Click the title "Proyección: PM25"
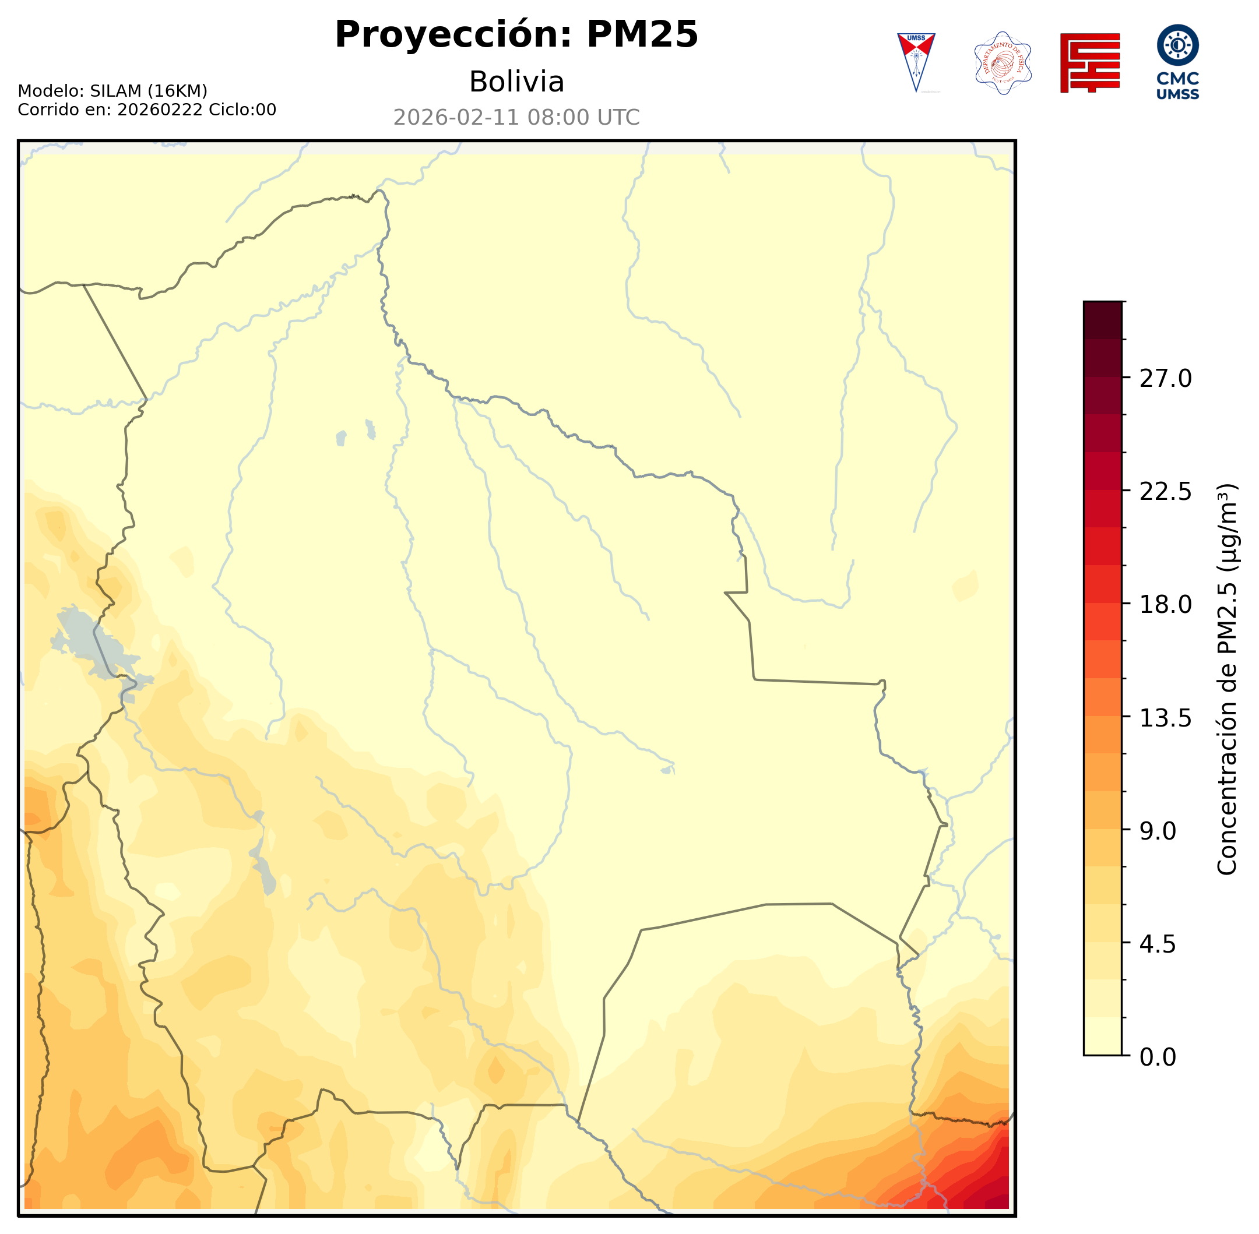pyautogui.click(x=516, y=34)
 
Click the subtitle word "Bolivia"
pyautogui.click(x=516, y=82)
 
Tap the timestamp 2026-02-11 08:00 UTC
pyautogui.click(x=516, y=117)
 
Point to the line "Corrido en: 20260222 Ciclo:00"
pyautogui.click(x=146, y=110)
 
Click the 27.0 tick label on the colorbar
pyautogui.click(x=1165, y=379)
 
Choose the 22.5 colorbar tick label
pyautogui.click(x=1165, y=491)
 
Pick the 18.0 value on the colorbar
pyautogui.click(x=1165, y=604)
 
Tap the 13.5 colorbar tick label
pyautogui.click(x=1165, y=718)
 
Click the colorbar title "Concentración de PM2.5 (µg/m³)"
pyautogui.click(x=1226, y=679)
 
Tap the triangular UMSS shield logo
pyautogui.click(x=916, y=62)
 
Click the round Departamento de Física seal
pyautogui.click(x=1003, y=63)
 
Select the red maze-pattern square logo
pyautogui.click(x=1090, y=63)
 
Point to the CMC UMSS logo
pyautogui.click(x=1177, y=62)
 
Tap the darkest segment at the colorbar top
pyautogui.click(x=1102, y=320)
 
